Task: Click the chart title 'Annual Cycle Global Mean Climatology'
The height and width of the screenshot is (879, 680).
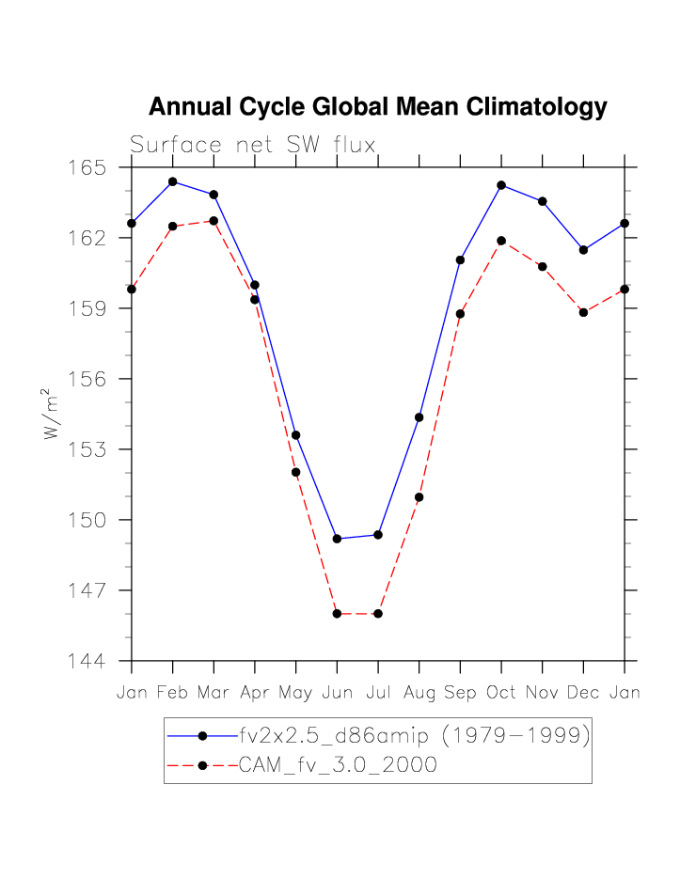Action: (x=377, y=107)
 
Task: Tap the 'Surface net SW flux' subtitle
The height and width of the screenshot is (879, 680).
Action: (x=253, y=146)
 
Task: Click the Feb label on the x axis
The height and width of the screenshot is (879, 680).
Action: (x=173, y=693)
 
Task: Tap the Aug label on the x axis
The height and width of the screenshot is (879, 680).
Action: (x=419, y=693)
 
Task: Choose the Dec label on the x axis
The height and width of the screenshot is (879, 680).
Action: (x=583, y=693)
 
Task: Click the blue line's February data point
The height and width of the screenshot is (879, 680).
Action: (x=173, y=181)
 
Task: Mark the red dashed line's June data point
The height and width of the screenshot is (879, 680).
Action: (x=337, y=614)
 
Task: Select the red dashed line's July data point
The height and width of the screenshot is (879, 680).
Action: (x=378, y=614)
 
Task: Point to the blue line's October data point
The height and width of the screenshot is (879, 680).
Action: (x=501, y=185)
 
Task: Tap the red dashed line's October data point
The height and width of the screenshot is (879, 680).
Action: (x=501, y=241)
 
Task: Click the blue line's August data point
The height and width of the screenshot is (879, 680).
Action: (x=419, y=417)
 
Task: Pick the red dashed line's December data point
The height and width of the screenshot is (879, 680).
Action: (x=583, y=312)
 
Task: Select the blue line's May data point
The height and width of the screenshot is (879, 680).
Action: (x=295, y=435)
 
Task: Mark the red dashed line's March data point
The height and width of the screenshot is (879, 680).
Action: (x=213, y=221)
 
